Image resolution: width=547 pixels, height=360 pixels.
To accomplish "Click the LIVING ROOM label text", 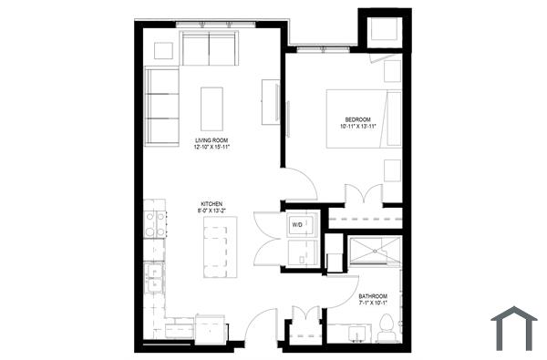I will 210,140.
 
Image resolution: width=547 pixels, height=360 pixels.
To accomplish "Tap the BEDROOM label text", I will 357,119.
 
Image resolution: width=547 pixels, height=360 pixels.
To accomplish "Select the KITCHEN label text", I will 211,204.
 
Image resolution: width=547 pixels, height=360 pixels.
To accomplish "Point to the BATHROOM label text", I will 373,297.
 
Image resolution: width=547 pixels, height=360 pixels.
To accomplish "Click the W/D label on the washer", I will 297,223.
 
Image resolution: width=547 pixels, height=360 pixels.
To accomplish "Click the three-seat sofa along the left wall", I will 161,104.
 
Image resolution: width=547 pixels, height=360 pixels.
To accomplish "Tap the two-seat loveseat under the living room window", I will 210,48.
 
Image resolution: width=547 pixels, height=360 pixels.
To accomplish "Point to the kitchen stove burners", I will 155,223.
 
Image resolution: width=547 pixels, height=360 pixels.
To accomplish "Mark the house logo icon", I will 514,328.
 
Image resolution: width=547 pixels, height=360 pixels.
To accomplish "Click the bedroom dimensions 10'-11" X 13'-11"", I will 357,127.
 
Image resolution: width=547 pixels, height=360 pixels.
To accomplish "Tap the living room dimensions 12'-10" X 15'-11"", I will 210,148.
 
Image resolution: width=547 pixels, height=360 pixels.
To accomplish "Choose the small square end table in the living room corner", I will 166,51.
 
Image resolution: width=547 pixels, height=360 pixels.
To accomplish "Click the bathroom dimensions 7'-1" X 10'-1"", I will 373,304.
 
